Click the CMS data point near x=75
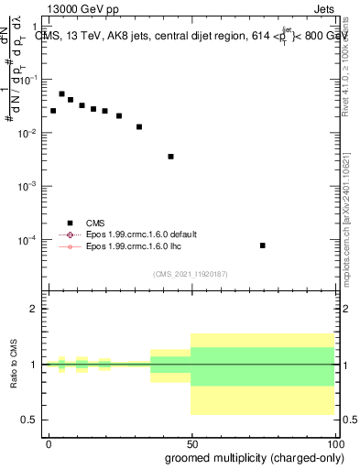point(263,245)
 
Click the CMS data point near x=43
point(170,157)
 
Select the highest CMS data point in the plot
point(61,93)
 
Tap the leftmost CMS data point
point(53,111)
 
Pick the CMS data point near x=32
point(139,126)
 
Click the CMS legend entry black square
point(70,223)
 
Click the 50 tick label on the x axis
point(191,442)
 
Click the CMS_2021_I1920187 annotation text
point(190,274)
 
